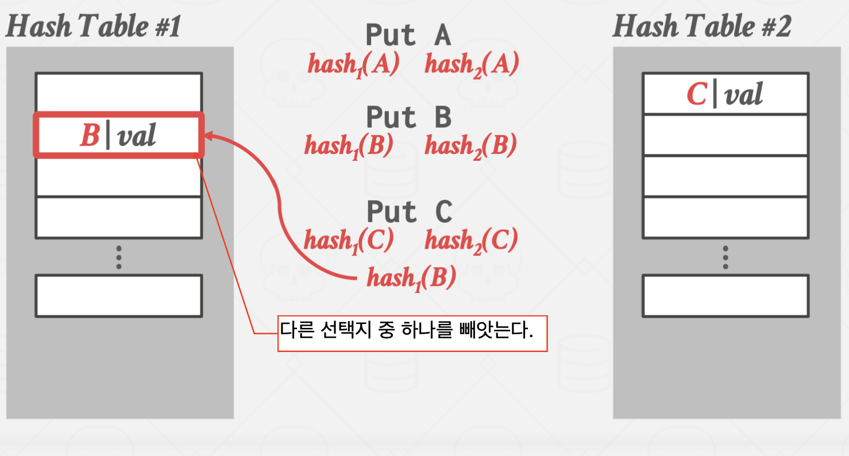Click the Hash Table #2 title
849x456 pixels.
coord(701,27)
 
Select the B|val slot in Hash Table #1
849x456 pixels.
coord(118,135)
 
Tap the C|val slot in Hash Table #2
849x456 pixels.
coord(725,94)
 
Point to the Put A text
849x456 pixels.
coord(408,36)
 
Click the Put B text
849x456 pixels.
coord(408,118)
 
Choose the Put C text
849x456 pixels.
coord(409,212)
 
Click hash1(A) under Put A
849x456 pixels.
coord(353,64)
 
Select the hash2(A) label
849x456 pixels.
coord(472,64)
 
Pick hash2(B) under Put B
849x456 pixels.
coord(470,146)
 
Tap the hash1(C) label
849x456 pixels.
coord(348,240)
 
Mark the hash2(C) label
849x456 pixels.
coord(471,240)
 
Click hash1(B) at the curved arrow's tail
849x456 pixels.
coord(411,278)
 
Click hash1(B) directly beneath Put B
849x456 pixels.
coord(349,146)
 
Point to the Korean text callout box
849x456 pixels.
coord(412,333)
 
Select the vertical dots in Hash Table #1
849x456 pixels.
coord(118,257)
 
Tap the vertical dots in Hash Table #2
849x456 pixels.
coord(725,257)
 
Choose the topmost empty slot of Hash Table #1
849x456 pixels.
coord(118,92)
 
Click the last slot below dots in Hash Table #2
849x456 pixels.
coord(725,296)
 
